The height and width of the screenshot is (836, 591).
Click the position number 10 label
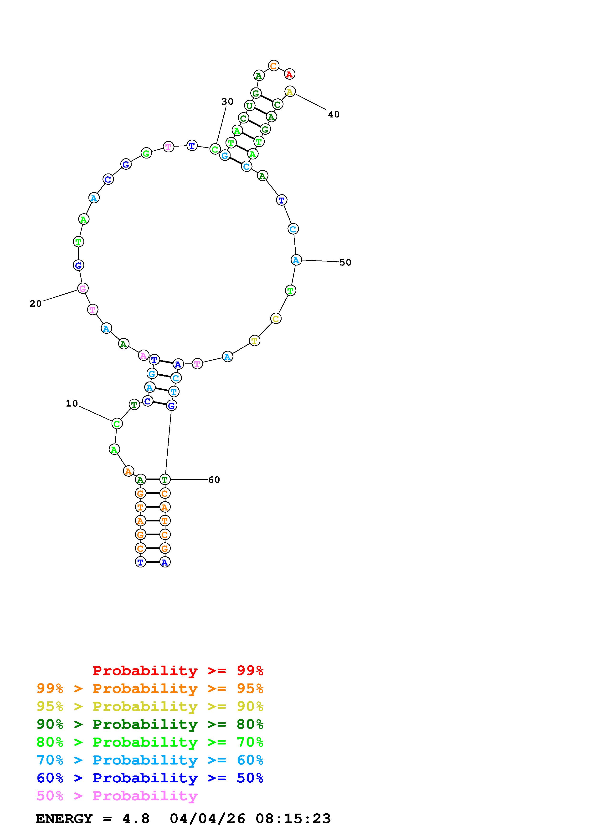[x=72, y=403]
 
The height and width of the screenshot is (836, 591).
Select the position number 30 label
[x=227, y=102]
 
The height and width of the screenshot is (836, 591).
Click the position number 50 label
[x=345, y=263]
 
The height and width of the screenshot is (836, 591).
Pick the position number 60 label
[x=214, y=480]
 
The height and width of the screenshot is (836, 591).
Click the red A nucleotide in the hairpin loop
[x=289, y=74]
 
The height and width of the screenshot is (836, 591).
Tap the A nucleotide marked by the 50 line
[x=296, y=260]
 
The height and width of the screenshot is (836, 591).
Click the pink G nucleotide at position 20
[x=83, y=288]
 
